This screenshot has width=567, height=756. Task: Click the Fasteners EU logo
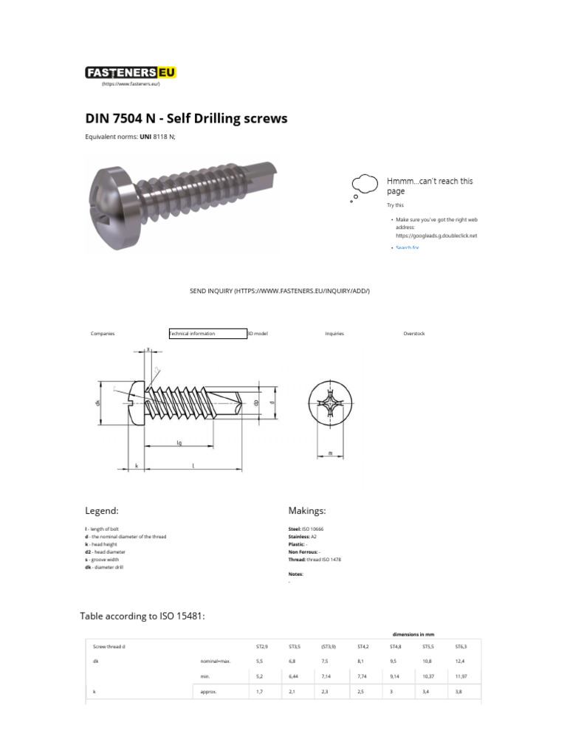click(x=131, y=72)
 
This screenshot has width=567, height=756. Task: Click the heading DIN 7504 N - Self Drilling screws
click(x=187, y=118)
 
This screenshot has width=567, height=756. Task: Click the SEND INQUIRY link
click(x=280, y=292)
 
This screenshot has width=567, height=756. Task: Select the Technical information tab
click(x=207, y=334)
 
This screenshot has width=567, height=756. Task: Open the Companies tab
click(x=103, y=334)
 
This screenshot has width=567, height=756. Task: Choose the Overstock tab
click(x=414, y=334)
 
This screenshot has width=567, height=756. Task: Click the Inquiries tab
click(x=334, y=334)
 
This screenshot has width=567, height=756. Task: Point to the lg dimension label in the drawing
click(x=179, y=443)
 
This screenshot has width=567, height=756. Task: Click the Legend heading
click(x=102, y=511)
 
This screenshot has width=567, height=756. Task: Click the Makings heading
click(x=306, y=511)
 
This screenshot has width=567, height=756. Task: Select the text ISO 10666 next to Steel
click(x=313, y=529)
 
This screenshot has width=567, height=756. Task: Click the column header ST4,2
click(x=363, y=646)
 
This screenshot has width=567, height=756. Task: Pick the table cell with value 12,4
click(x=461, y=661)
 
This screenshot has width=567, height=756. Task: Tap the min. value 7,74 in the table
click(x=363, y=676)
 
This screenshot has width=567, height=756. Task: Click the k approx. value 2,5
click(x=361, y=693)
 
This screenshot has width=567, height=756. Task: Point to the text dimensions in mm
click(x=412, y=633)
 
